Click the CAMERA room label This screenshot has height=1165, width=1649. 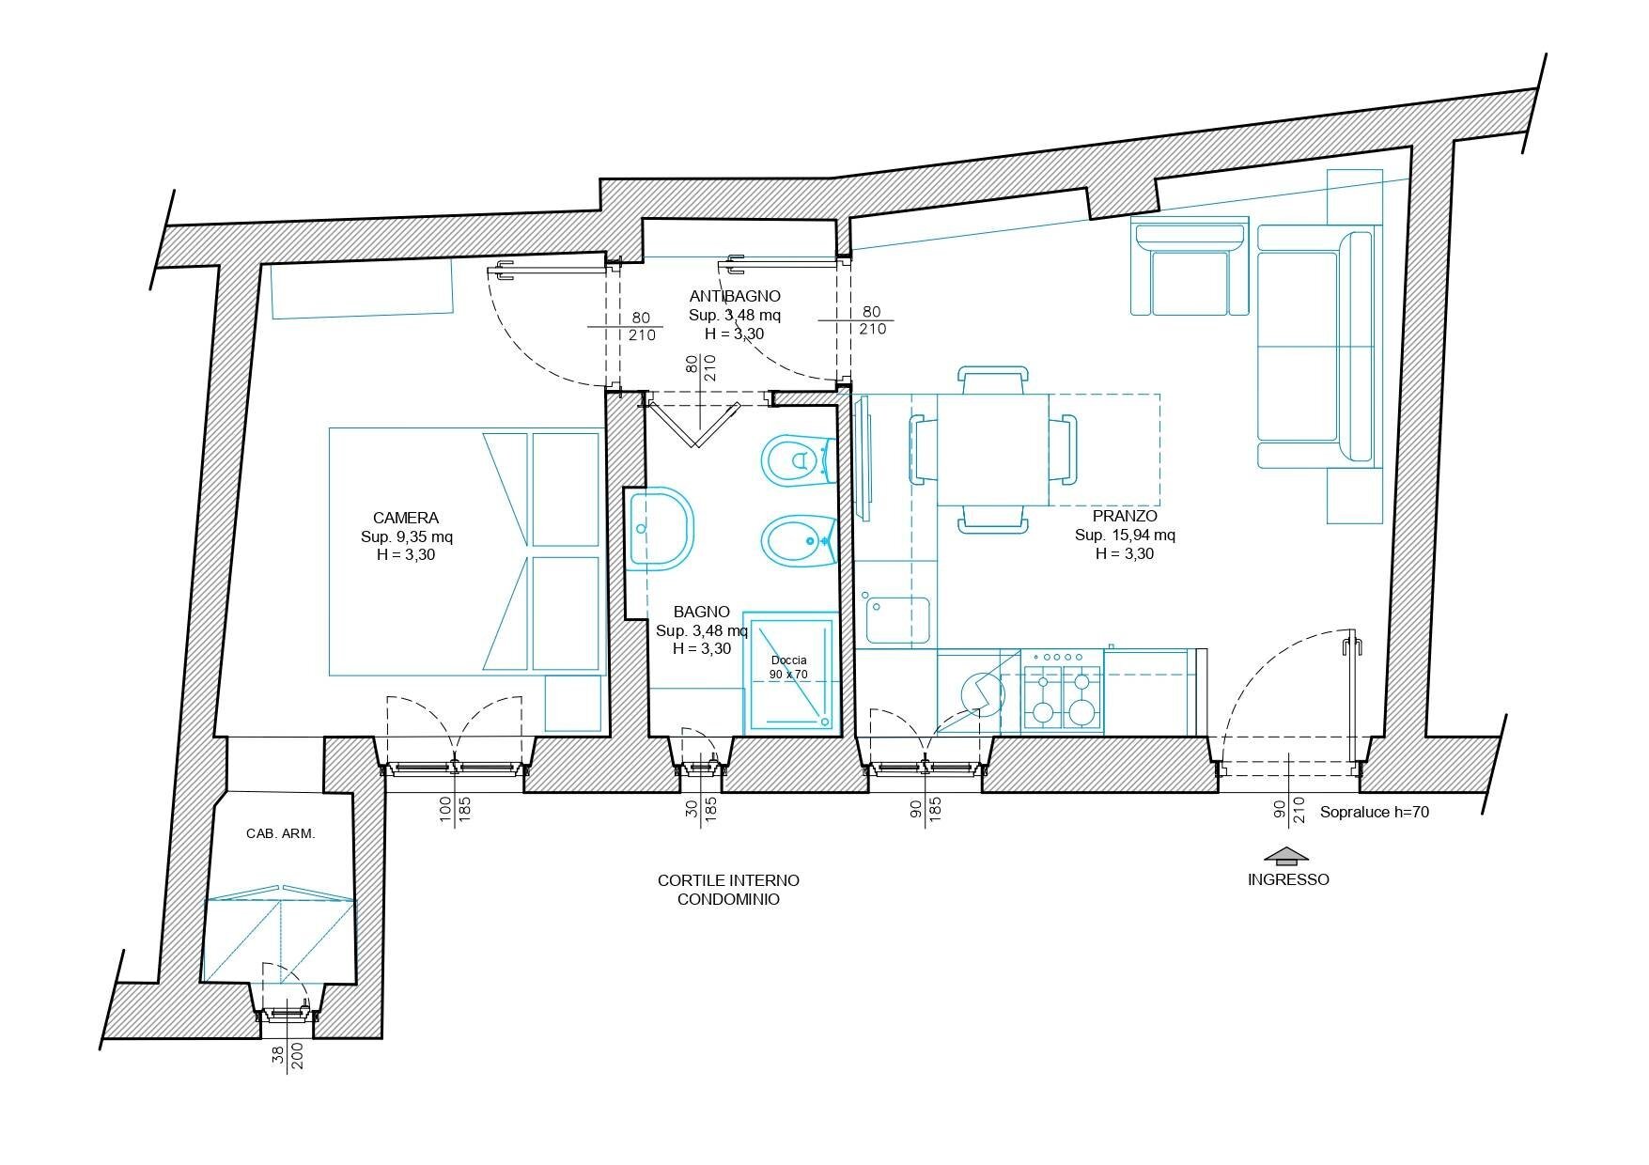point(405,518)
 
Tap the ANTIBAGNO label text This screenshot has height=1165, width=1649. point(734,297)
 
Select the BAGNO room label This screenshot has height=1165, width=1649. point(701,612)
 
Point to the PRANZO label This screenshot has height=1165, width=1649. point(1125,517)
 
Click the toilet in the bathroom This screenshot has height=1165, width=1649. point(797,460)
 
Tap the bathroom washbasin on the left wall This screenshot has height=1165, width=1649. point(660,528)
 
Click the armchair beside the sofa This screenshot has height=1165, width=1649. point(1190,271)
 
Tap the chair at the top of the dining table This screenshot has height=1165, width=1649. point(991,381)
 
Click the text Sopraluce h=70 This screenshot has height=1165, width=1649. point(1374,813)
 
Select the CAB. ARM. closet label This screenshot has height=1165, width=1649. point(280,833)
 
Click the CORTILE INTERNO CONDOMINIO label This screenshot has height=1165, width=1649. point(728,890)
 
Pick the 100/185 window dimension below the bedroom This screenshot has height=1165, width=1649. point(456,809)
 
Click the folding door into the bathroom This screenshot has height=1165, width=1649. point(694,423)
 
